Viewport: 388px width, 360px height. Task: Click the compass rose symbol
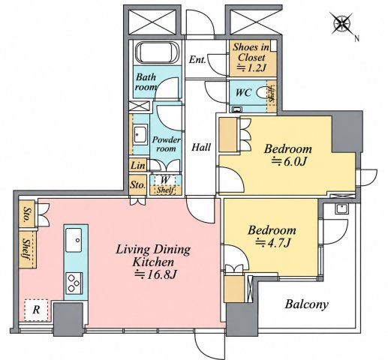pos(341,24)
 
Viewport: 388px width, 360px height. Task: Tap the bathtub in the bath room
pos(158,52)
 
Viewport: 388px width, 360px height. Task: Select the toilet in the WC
pos(262,92)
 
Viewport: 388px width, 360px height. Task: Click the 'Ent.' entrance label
pos(197,60)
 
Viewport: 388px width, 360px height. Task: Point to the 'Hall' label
pos(201,147)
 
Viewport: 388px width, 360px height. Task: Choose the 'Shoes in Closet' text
pos(251,52)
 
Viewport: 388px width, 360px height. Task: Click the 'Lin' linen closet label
pos(138,166)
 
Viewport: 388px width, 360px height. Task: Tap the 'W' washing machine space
pos(165,180)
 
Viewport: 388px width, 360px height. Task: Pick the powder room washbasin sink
pos(140,134)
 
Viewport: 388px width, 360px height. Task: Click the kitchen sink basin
pos(74,240)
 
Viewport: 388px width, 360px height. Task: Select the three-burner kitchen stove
pos(74,283)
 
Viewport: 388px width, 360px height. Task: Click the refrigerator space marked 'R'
pos(36,310)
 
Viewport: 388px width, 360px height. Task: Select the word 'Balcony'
pos(306,304)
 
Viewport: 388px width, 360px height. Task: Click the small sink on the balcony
pos(341,208)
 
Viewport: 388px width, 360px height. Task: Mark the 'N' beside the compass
pos(356,38)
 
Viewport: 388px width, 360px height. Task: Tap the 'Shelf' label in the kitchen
pos(26,249)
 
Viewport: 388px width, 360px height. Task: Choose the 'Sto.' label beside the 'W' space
pos(138,185)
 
